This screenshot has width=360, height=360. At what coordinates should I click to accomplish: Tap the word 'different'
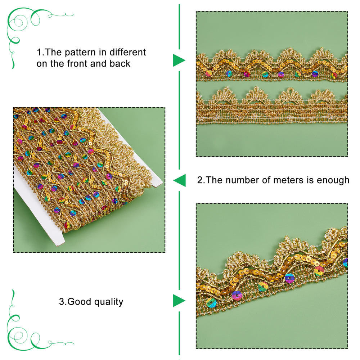tap(128, 52)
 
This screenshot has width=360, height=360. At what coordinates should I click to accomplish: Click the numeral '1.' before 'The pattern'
tap(40, 52)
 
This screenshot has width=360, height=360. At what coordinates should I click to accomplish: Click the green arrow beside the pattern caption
tap(179, 60)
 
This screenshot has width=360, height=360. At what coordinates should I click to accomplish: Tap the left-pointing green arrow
tap(180, 180)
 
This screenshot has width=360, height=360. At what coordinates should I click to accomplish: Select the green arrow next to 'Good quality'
tap(179, 301)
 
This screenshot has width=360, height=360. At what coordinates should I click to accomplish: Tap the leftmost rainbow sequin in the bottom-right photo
tap(211, 303)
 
